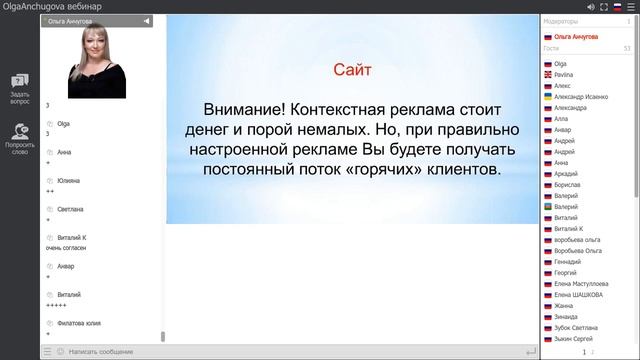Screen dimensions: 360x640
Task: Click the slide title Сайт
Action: [x=351, y=70]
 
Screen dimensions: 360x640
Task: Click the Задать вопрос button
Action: [x=20, y=88]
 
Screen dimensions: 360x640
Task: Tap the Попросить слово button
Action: [x=20, y=138]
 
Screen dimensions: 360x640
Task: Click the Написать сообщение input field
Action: [x=100, y=352]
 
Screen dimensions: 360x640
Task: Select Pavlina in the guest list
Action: [x=566, y=75]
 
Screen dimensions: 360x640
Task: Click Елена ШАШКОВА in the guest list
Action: [x=578, y=294]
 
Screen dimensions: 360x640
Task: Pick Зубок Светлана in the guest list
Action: [x=577, y=327]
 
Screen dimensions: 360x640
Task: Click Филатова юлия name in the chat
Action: [x=78, y=322]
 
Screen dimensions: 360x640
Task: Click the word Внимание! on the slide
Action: [x=239, y=107]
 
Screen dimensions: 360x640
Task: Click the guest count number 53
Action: [x=626, y=48]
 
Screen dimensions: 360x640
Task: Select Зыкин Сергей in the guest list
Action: [x=575, y=338]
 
